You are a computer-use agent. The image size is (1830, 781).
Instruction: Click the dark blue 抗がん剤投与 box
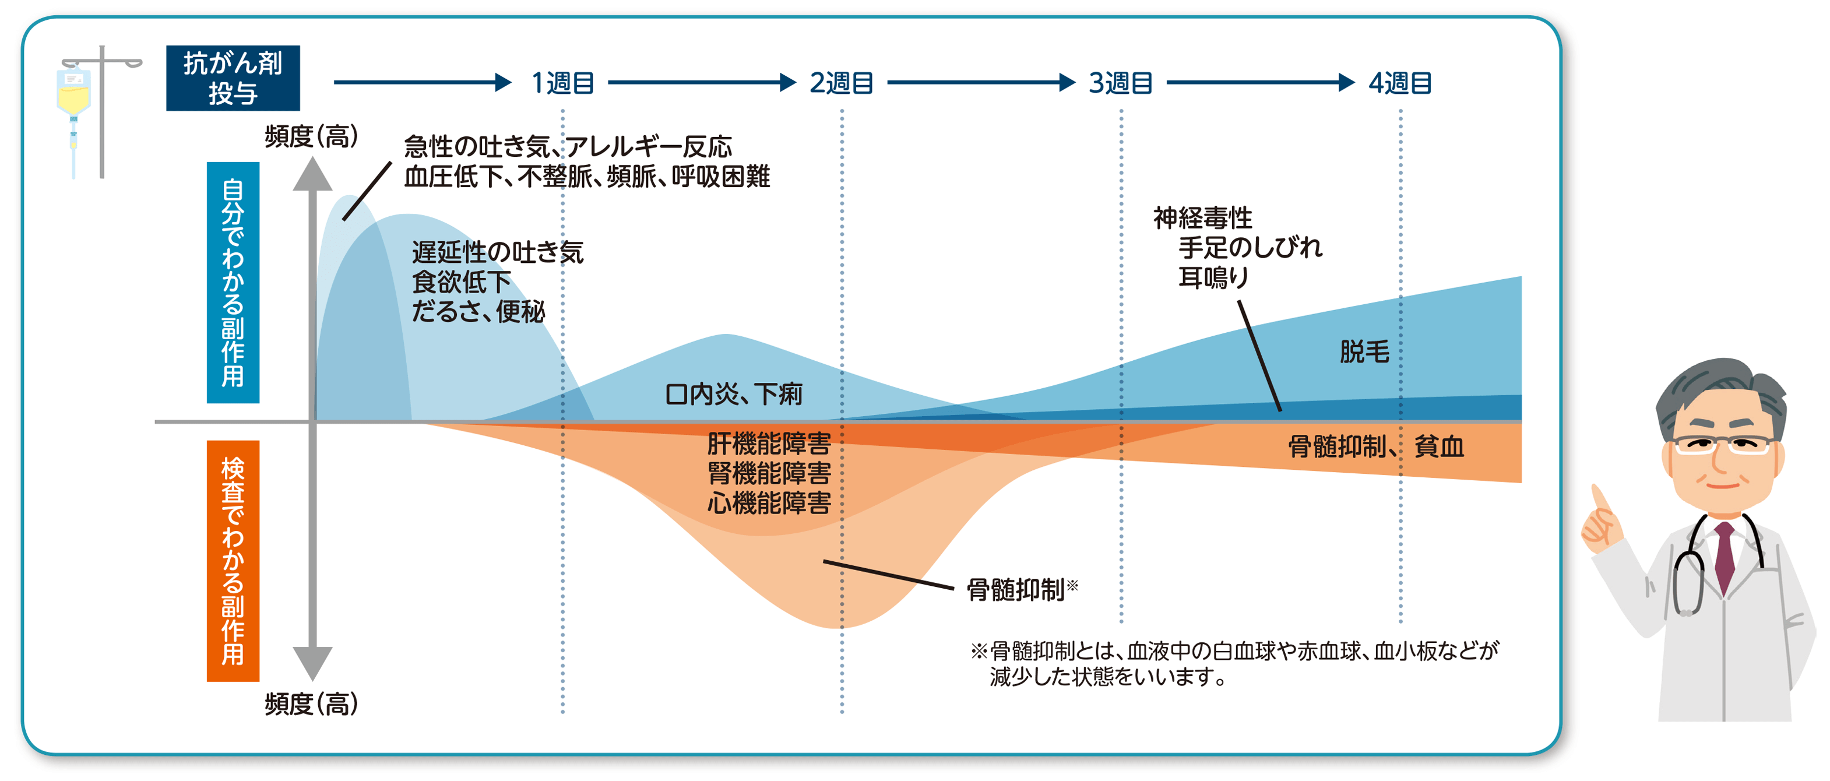(233, 78)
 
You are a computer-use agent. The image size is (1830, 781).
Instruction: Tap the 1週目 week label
(562, 83)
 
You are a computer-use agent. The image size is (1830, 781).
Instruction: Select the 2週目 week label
(842, 83)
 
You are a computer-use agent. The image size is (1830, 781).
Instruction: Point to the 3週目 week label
(1121, 83)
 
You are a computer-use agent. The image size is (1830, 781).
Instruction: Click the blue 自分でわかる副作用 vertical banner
(233, 282)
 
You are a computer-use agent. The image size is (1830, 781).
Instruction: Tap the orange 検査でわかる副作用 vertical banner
(233, 561)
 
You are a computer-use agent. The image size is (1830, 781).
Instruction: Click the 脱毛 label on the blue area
(1364, 352)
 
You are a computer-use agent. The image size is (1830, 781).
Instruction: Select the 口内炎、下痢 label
(734, 393)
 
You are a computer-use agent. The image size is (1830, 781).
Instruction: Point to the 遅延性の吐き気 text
(497, 252)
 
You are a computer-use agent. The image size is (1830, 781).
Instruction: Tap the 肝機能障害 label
(769, 444)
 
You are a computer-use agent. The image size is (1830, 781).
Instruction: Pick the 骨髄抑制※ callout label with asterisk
(1022, 589)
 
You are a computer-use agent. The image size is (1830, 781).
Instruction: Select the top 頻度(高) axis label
(311, 136)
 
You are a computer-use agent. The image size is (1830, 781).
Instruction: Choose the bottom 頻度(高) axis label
(311, 703)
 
